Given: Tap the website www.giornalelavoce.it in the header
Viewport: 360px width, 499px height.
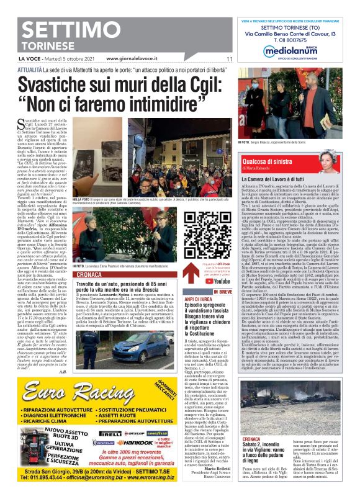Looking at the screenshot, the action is coord(133,59).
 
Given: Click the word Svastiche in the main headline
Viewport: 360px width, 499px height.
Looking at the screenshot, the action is coord(60,83).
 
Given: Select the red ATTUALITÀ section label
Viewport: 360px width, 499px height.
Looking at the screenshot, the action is coord(30,70).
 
